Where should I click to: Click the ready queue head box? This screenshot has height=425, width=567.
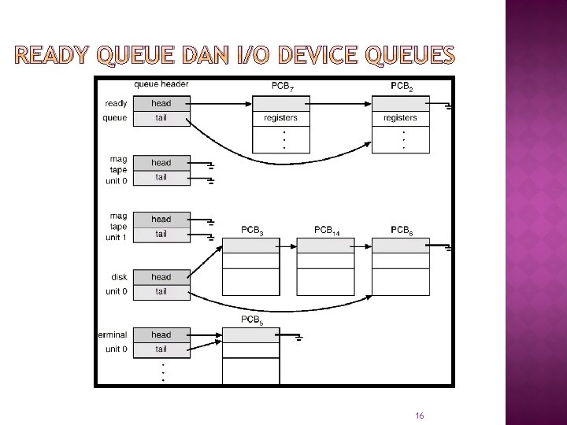(161, 103)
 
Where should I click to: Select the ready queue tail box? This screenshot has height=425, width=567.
(161, 118)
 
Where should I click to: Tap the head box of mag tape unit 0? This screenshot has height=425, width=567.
(161, 163)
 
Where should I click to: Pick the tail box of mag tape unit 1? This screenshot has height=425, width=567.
(161, 234)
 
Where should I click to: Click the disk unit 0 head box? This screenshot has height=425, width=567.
(161, 277)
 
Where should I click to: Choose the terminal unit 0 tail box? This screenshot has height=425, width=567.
(161, 349)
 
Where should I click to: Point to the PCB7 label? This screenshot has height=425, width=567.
(281, 86)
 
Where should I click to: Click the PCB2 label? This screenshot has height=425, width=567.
(401, 86)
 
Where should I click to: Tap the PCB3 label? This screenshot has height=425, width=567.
(252, 231)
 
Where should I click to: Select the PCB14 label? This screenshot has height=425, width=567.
(327, 230)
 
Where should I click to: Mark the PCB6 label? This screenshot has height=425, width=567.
(401, 230)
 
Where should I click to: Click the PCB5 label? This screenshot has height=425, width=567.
(252, 320)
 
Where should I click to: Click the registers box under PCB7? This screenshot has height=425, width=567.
(281, 118)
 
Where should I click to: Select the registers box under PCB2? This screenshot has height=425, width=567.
(400, 118)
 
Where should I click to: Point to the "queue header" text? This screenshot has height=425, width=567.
(161, 85)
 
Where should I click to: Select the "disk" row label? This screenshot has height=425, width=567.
(119, 277)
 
